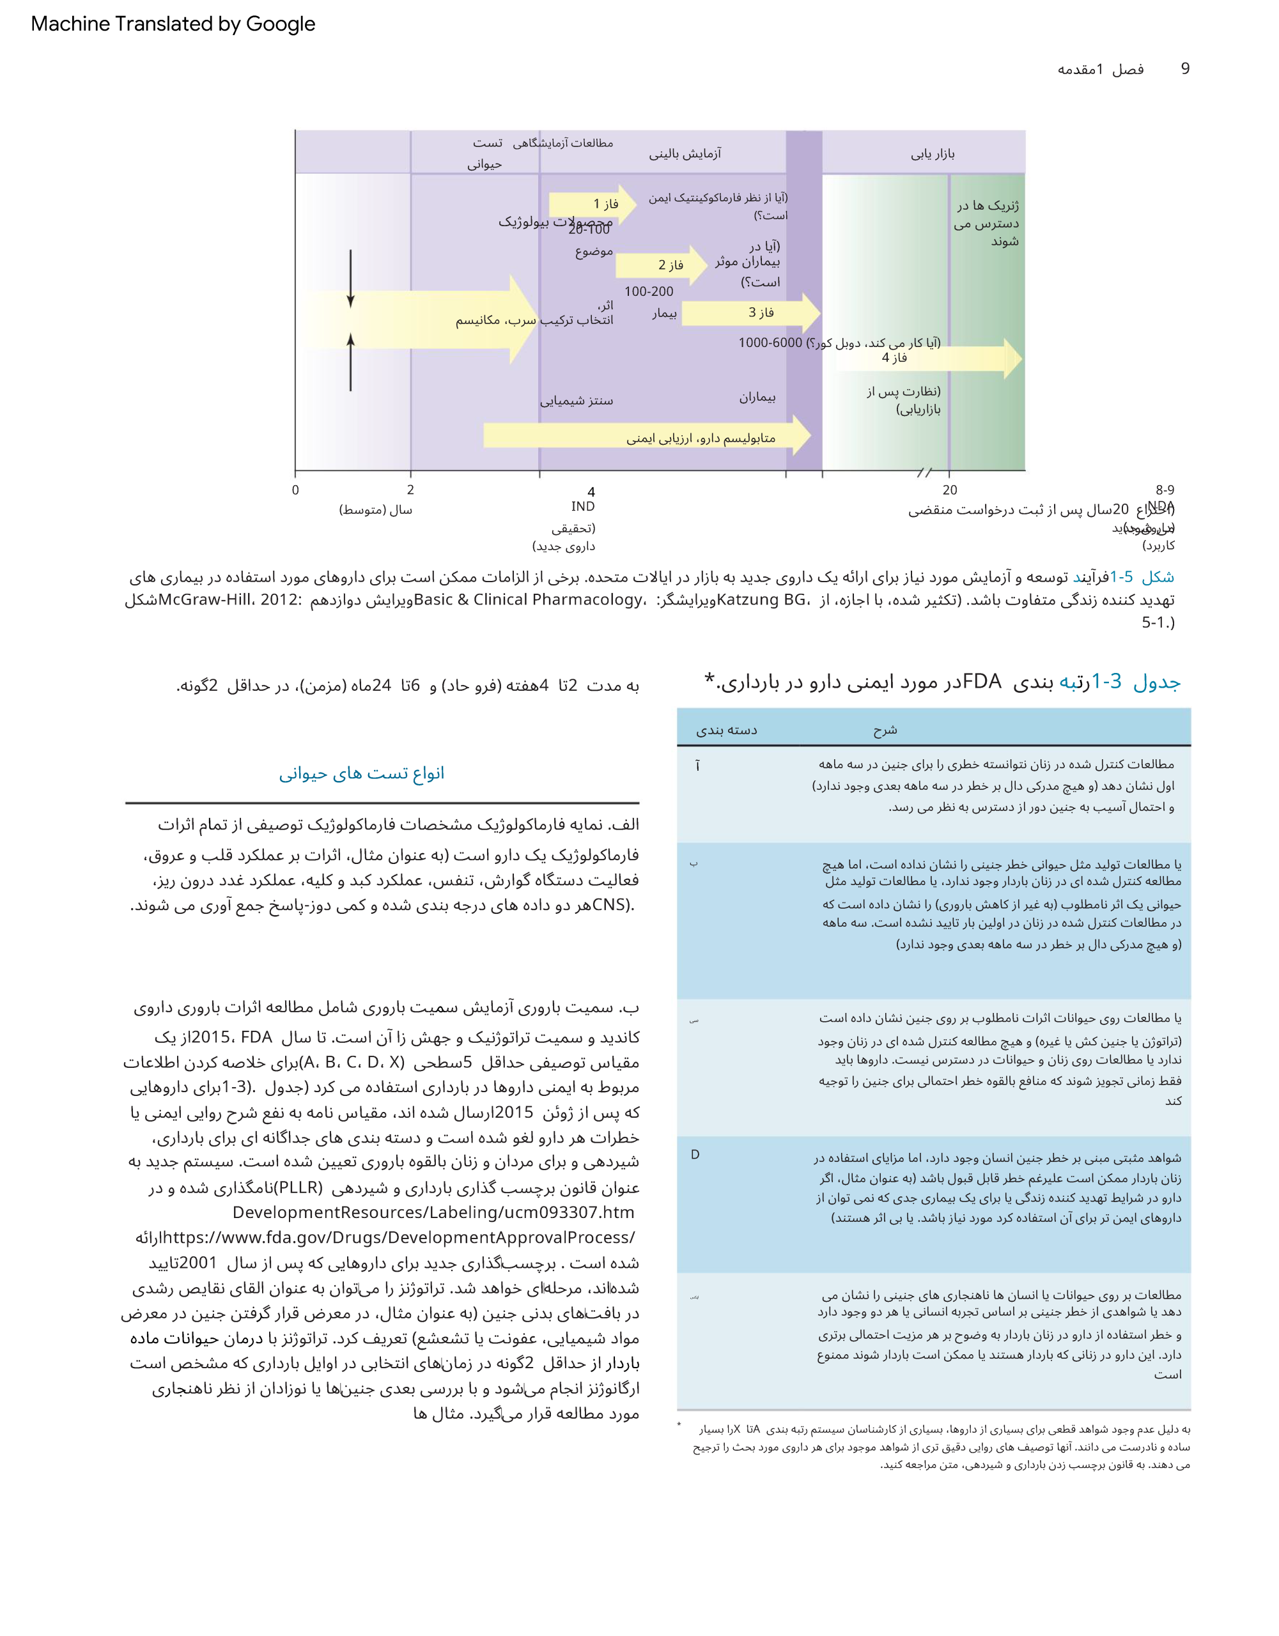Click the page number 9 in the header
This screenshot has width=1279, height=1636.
point(1184,69)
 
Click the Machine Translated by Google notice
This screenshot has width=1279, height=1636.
point(173,24)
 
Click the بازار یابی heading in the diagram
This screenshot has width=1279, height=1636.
point(932,153)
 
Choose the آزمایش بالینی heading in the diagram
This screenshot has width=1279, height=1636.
point(685,153)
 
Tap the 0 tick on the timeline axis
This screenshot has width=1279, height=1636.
point(295,490)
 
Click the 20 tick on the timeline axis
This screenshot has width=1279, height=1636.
point(949,490)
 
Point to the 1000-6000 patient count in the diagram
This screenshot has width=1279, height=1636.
point(770,343)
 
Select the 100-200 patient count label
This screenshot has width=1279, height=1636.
point(649,291)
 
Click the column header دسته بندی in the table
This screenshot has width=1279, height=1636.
point(726,730)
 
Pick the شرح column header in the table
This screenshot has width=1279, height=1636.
point(885,730)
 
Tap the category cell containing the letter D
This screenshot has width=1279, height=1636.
point(695,1154)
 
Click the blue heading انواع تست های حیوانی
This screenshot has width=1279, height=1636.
point(361,773)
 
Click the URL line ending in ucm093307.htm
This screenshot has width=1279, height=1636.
point(433,1212)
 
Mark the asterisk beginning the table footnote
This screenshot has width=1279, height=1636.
point(679,1424)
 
